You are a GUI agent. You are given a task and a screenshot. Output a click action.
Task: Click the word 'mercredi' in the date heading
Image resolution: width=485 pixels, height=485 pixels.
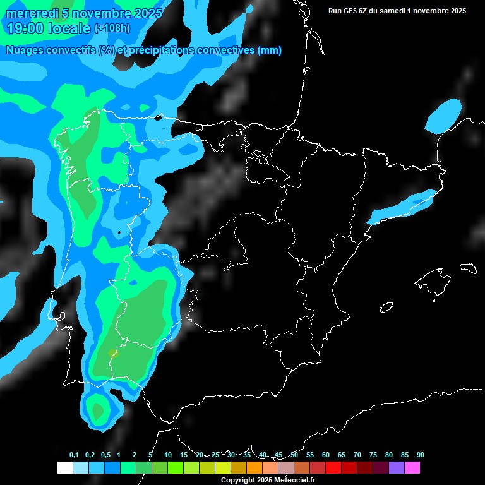[32, 13]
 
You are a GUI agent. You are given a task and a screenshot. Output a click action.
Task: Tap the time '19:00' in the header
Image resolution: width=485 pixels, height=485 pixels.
[26, 28]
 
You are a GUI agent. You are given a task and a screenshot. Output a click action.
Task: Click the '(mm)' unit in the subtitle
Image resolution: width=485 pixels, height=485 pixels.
[270, 51]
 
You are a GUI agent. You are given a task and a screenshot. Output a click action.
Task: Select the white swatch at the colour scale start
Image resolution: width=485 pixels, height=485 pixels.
[64, 468]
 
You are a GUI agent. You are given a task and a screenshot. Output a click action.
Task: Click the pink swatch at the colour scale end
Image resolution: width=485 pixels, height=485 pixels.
[412, 468]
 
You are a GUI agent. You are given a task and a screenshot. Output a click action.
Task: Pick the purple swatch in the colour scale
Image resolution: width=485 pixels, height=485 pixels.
[396, 468]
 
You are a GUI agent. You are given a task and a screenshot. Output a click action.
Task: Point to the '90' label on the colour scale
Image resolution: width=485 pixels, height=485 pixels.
[420, 455]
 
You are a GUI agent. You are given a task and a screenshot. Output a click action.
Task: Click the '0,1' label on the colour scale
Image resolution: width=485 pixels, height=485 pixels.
[74, 455]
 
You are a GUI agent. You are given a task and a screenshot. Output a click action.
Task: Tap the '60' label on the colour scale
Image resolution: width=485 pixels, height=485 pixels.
[325, 455]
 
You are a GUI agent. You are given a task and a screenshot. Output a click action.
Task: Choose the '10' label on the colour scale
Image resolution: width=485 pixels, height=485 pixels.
[167, 455]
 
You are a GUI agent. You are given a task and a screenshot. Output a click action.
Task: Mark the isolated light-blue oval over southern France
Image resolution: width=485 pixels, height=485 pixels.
[444, 116]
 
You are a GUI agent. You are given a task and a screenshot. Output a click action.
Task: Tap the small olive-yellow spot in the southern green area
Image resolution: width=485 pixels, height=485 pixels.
[112, 353]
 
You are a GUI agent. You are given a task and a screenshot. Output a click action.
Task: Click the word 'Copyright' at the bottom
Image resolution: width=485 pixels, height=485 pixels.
[238, 480]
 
